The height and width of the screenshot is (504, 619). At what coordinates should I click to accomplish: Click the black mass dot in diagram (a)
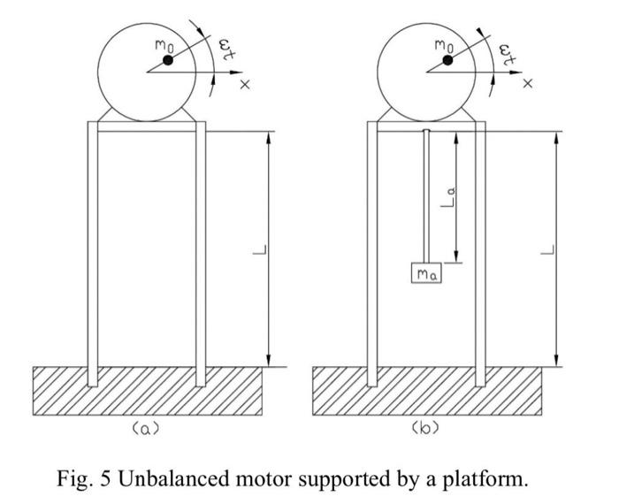coord(166,60)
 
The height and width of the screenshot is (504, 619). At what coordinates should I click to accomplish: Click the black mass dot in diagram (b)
coord(447,60)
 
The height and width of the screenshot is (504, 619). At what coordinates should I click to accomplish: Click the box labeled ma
coord(426,274)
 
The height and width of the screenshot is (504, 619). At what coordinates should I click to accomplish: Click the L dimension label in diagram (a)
coord(258,250)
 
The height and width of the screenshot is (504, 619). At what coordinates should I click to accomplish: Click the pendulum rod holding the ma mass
coord(426,195)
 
